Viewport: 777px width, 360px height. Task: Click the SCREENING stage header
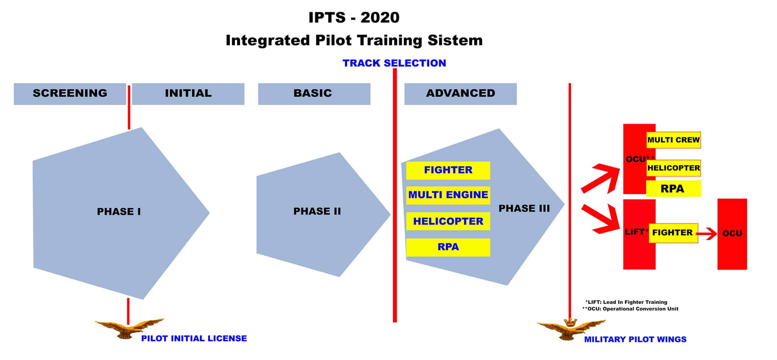click(x=70, y=94)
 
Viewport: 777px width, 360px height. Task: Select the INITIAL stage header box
click(x=188, y=94)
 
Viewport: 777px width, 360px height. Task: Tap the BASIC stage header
click(x=314, y=94)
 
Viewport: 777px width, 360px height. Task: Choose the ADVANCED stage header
click(x=460, y=94)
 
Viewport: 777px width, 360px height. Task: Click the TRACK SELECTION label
click(x=394, y=63)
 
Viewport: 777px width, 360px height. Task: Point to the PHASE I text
click(x=119, y=211)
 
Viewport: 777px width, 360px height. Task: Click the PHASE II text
click(x=317, y=211)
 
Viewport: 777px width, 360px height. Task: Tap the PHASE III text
click(x=524, y=208)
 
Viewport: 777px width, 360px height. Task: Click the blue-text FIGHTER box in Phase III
click(x=448, y=170)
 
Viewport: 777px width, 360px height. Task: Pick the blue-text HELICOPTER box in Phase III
click(x=448, y=221)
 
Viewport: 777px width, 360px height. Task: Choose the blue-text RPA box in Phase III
click(x=448, y=247)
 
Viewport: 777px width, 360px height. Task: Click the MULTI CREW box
click(x=673, y=140)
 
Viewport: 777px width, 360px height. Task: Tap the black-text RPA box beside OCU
click(x=673, y=189)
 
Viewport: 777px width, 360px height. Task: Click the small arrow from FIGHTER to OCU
click(x=707, y=234)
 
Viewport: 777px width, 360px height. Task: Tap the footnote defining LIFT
click(x=626, y=302)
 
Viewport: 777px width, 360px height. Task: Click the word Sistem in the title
click(x=455, y=40)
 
